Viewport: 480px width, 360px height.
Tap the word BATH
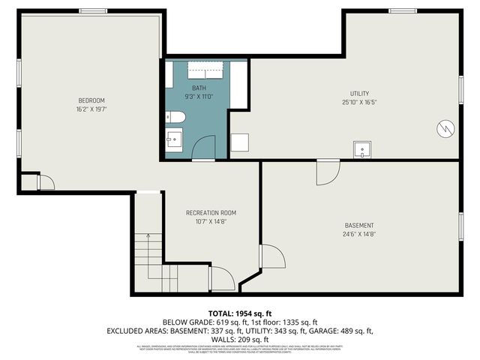pyautogui.click(x=199, y=88)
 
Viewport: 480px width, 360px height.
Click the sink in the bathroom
pyautogui.click(x=173, y=139)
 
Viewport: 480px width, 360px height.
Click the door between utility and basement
pyautogui.click(x=327, y=172)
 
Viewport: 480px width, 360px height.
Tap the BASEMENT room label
pyautogui.click(x=358, y=226)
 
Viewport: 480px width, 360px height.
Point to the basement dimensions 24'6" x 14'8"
pyautogui.click(x=358, y=234)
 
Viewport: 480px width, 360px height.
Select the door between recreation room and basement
pyautogui.click(x=272, y=256)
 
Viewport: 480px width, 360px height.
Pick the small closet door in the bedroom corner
pyautogui.click(x=45, y=182)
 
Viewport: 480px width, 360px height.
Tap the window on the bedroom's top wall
pyautogui.click(x=93, y=11)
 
